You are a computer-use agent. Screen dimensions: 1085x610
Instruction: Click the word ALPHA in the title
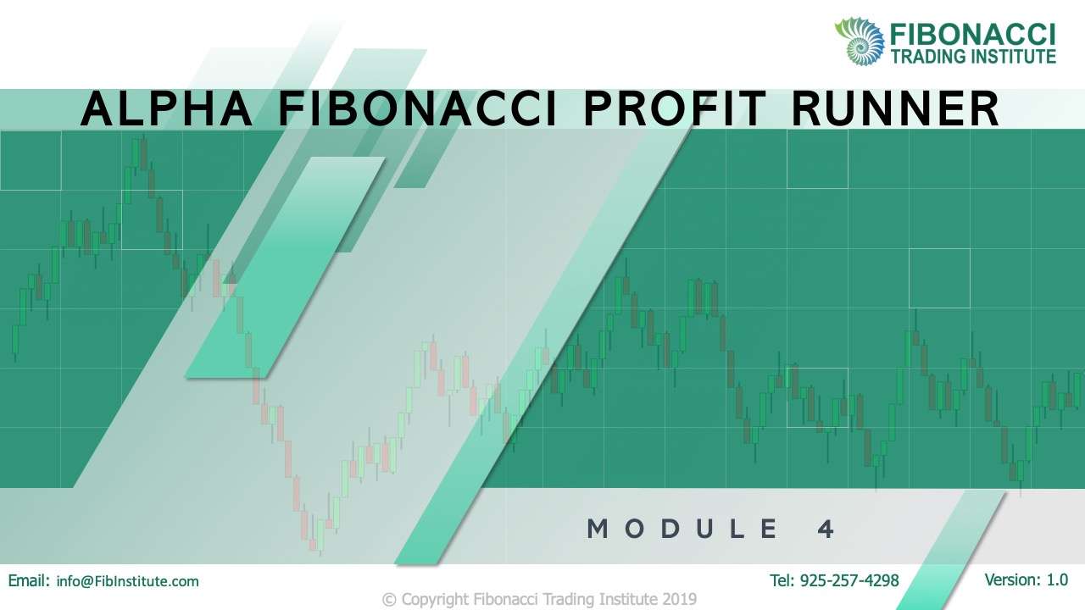coord(167,109)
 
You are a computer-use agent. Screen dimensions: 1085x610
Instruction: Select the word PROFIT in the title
coord(675,109)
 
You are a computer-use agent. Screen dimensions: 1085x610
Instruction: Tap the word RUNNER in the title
coord(894,109)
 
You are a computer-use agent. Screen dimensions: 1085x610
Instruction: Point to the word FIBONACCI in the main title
coord(418,109)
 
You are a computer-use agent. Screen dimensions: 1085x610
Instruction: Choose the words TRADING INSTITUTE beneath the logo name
coord(974,56)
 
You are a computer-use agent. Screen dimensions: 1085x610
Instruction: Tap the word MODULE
coord(682,529)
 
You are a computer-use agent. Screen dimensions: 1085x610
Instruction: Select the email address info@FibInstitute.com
coord(127,581)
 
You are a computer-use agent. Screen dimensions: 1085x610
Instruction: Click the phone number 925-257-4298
coord(849,580)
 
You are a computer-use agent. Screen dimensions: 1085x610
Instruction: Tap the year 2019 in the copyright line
coord(680,599)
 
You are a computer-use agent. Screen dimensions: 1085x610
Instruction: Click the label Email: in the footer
coord(29,581)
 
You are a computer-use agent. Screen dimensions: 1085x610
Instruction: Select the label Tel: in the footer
coord(782,580)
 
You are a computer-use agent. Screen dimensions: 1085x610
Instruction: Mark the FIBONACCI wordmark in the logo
coord(972,34)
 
